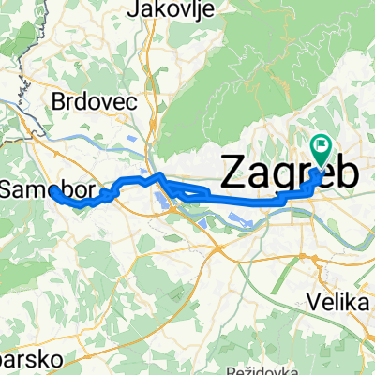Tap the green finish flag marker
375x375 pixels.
(321, 147)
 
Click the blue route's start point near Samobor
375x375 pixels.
(53, 190)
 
